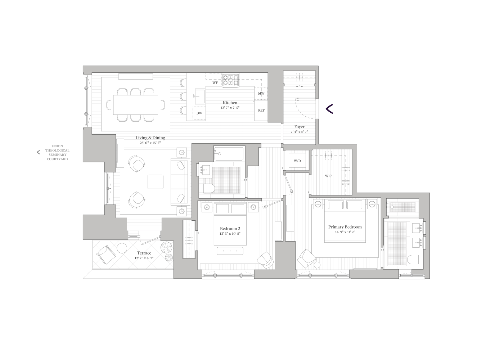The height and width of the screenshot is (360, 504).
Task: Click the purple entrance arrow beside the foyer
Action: (x=329, y=109)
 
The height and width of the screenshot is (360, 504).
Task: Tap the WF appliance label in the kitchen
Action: (x=215, y=83)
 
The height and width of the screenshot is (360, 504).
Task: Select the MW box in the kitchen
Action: (x=261, y=94)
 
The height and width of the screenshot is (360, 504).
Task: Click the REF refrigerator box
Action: (x=261, y=110)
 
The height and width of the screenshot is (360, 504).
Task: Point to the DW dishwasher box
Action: (x=199, y=113)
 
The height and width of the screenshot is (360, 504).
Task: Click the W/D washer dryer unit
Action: (x=297, y=161)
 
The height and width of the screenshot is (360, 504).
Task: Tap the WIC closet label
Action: (x=328, y=176)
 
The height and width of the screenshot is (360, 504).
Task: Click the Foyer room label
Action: (x=299, y=127)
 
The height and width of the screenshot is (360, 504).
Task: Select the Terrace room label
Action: (x=144, y=253)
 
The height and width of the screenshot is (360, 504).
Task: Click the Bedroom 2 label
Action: (x=230, y=229)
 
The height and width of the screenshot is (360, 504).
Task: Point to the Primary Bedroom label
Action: (x=345, y=227)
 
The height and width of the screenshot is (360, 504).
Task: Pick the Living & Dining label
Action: (x=150, y=138)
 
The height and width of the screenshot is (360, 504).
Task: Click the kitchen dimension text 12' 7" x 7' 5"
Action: (x=230, y=108)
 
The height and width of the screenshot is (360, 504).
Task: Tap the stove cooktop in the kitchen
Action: (x=230, y=81)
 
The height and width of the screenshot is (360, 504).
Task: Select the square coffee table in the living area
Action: (x=156, y=182)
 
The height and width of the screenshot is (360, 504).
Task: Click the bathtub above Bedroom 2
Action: (x=229, y=154)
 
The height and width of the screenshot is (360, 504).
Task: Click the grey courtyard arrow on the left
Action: (x=38, y=152)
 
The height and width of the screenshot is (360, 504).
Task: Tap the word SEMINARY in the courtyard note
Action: (x=57, y=155)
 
